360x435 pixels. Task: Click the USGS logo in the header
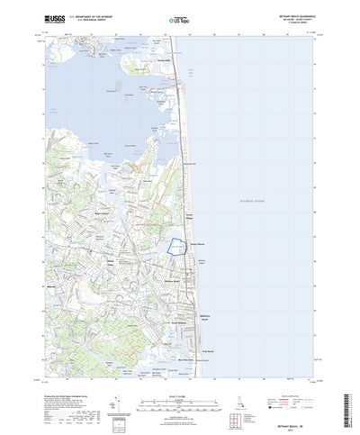(53, 17)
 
